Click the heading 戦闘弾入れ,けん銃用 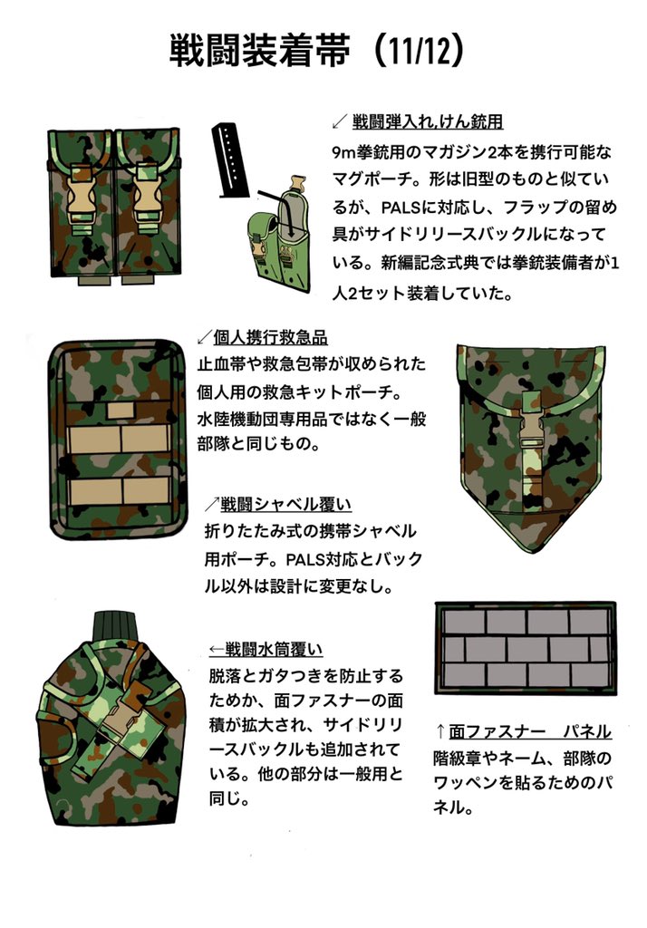coord(427,121)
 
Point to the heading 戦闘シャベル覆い coord(285,504)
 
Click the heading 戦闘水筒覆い coord(276,649)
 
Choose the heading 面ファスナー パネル coord(529,730)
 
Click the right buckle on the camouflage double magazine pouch coord(149,196)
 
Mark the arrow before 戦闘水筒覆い coord(217,649)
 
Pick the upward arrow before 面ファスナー coord(439,731)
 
